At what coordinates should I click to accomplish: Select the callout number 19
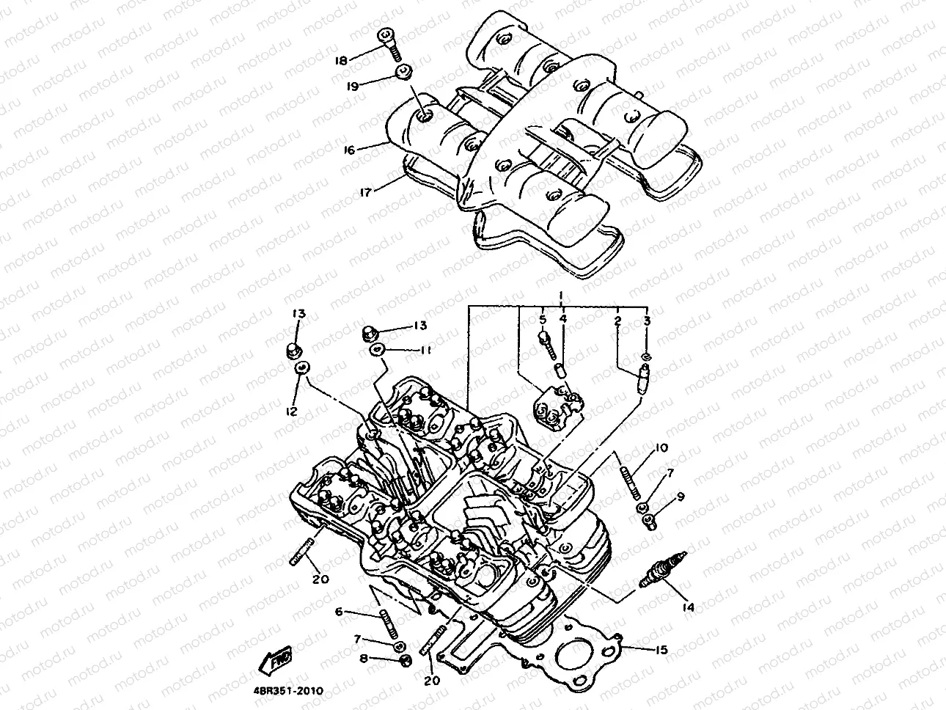click(x=353, y=86)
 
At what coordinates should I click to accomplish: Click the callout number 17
click(x=366, y=191)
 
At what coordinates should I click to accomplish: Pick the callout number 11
click(x=425, y=351)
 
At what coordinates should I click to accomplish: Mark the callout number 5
click(x=543, y=320)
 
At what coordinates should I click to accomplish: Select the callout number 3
click(x=647, y=321)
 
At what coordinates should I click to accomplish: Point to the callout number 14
click(x=687, y=607)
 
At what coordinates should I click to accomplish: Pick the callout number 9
click(x=680, y=497)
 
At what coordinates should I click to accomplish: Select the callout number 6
click(x=339, y=612)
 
